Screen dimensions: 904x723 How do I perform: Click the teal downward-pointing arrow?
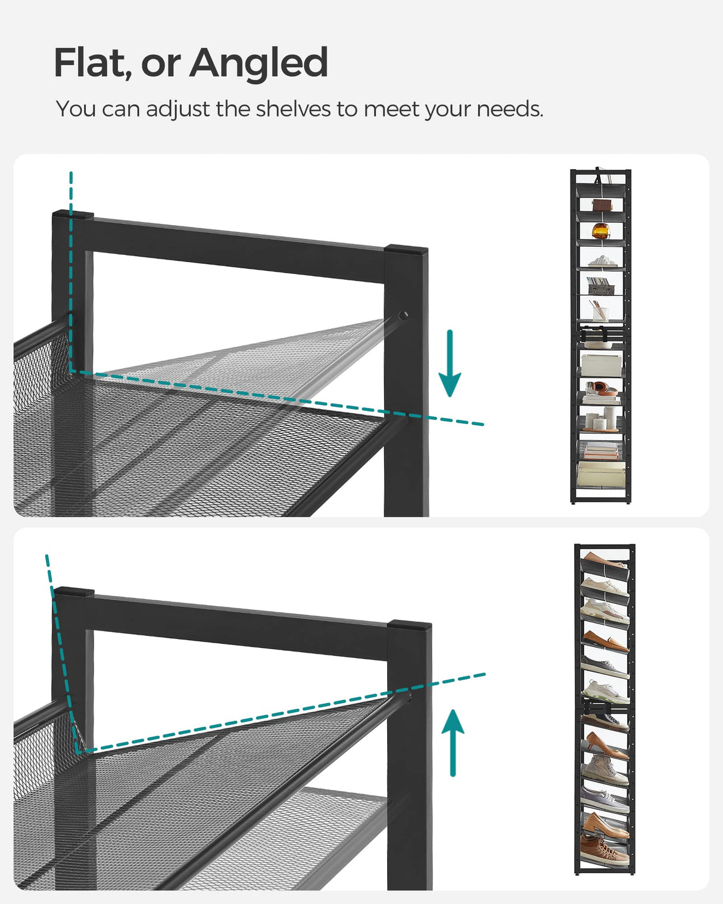[450, 363]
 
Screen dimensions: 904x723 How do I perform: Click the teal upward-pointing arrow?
[453, 742]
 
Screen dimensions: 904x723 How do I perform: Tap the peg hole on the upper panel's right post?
[403, 316]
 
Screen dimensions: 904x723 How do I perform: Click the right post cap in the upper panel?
[406, 250]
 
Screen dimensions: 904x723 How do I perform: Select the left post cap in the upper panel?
[73, 214]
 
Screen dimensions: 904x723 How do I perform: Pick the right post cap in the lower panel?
[409, 626]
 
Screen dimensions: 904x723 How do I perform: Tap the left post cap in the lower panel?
[74, 592]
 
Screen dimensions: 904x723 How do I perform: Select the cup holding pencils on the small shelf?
[599, 311]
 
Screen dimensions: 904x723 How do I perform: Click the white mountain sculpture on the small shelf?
[602, 261]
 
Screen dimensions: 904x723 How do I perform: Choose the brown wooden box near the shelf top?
[601, 205]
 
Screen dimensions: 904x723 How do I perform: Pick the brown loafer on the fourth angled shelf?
[604, 641]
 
